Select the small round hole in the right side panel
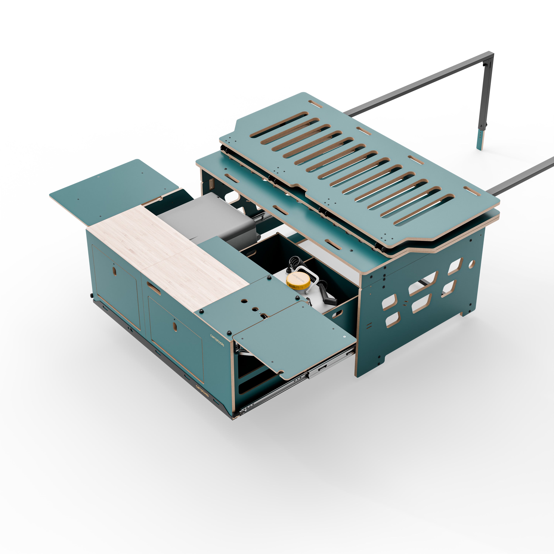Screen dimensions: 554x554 [x=471, y=264]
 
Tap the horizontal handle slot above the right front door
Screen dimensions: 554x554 [x=154, y=288]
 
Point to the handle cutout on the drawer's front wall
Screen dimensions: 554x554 [x=337, y=314]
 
